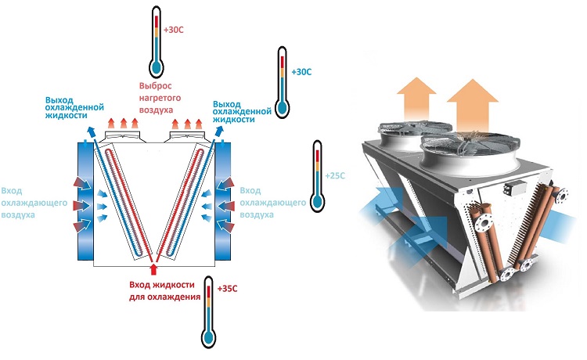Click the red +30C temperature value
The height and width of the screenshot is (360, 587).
(x=173, y=30)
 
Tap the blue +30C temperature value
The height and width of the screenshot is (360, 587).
(x=301, y=72)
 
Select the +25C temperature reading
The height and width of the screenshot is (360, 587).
(x=335, y=175)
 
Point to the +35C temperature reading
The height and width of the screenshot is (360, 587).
(x=227, y=289)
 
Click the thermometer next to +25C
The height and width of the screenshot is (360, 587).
(x=318, y=176)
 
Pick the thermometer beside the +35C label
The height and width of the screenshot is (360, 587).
(x=208, y=312)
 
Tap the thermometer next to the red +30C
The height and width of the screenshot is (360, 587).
(x=156, y=41)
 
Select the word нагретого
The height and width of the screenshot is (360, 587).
(x=160, y=98)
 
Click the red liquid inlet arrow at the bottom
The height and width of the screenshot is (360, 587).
(x=154, y=269)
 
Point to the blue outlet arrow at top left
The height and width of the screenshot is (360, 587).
(x=91, y=131)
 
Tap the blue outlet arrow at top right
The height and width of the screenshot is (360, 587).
(x=218, y=131)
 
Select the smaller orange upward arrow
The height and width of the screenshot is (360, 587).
(x=416, y=99)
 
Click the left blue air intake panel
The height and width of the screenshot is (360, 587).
(x=85, y=201)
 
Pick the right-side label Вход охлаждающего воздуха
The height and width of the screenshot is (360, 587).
(x=272, y=203)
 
